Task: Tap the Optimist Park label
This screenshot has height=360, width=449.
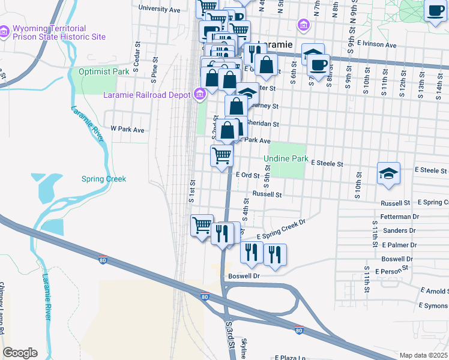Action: click(x=104, y=71)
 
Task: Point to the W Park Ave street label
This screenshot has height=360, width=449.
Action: click(x=127, y=129)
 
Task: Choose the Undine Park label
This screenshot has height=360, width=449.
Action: click(x=286, y=159)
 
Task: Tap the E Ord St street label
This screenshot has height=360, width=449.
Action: click(x=247, y=175)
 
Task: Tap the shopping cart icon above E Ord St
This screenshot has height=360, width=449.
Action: click(x=221, y=156)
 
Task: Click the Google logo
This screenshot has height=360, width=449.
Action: click(x=20, y=353)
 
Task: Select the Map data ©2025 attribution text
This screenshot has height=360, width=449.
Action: click(x=424, y=355)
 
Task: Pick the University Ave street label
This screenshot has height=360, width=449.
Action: click(x=159, y=10)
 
